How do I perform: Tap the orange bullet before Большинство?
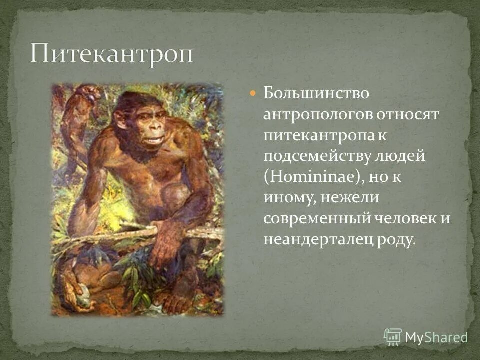(x=253, y=93)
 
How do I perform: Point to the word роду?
(x=398, y=240)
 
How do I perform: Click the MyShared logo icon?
(x=393, y=336)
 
